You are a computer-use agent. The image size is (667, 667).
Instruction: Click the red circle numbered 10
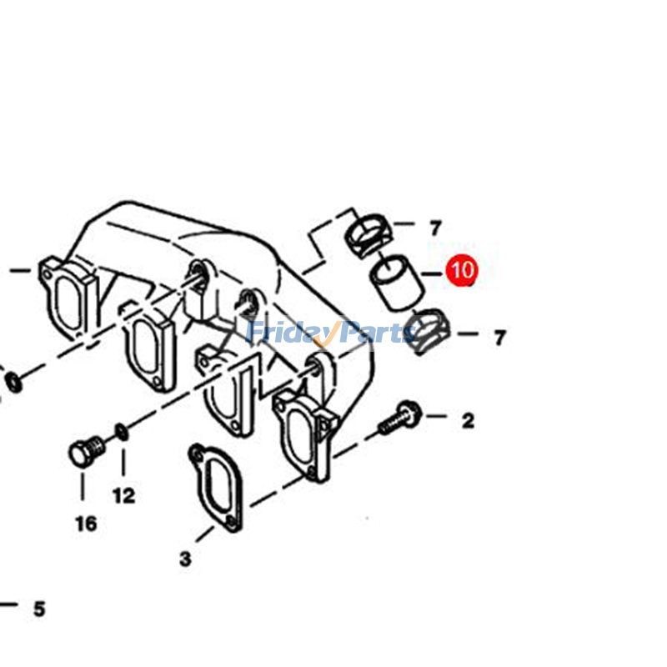461,270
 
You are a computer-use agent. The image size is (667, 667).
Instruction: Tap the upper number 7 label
435,227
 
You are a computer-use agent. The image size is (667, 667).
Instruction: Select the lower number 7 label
499,338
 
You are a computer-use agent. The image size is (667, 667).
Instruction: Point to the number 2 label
468,420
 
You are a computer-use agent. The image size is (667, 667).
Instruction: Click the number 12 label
123,495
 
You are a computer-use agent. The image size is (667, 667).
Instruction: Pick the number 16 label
85,524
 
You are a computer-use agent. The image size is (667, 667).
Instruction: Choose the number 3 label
185,558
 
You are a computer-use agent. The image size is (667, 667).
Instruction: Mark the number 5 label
39,609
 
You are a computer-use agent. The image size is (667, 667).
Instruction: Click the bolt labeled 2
401,419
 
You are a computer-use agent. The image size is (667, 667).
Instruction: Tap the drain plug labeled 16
85,452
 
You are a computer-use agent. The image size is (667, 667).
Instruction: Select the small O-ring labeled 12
122,432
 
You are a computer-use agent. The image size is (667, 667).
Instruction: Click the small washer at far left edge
13,382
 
